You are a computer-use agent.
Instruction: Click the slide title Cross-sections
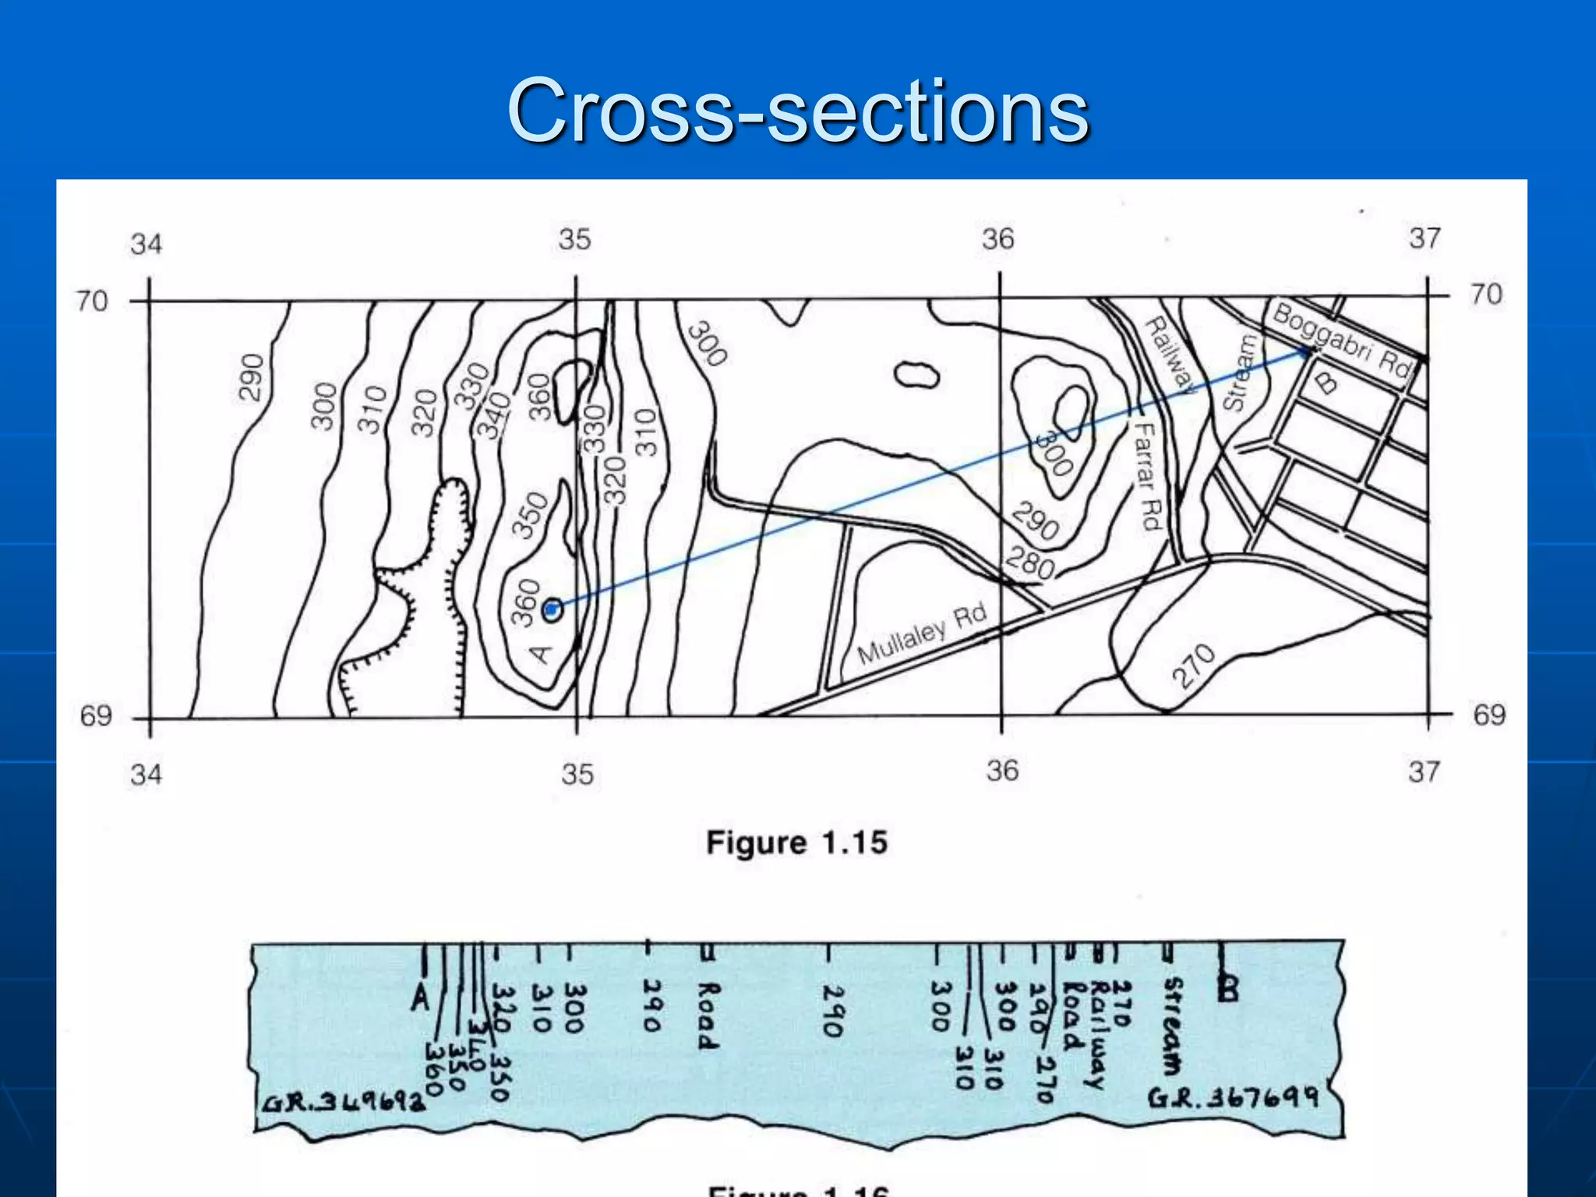tap(797, 111)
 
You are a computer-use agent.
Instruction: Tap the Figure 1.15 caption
tap(796, 842)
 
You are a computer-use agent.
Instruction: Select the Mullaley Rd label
tap(922, 633)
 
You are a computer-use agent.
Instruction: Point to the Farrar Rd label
tap(1148, 475)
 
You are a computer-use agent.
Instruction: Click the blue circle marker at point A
tap(552, 609)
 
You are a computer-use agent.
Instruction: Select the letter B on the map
tap(1326, 383)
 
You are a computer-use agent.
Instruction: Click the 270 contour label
tap(1194, 666)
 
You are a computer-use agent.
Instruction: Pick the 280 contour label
tap(1030, 563)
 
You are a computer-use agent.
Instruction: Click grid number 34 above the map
tap(147, 244)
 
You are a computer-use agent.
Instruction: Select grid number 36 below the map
tap(1002, 771)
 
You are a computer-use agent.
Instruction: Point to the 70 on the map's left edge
tap(91, 301)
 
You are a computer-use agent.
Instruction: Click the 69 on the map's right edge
tap(1488, 715)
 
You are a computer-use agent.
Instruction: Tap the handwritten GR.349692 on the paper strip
tap(343, 1103)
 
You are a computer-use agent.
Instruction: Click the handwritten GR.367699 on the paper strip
tap(1232, 1098)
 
